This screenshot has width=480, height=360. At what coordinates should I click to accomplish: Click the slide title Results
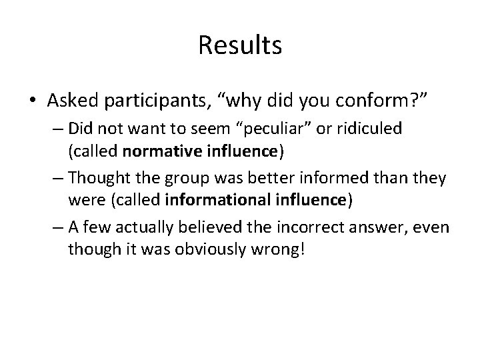click(x=240, y=45)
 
